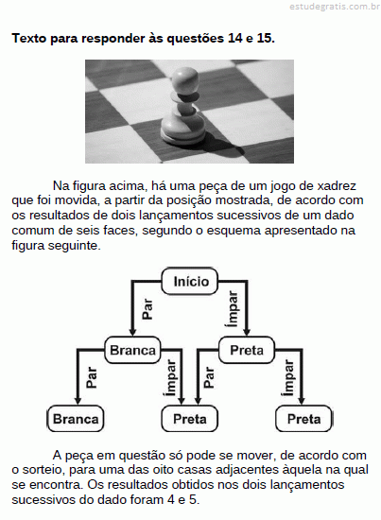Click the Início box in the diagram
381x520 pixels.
190,281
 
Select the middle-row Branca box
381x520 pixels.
132,350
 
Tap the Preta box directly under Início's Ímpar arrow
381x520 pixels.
247,350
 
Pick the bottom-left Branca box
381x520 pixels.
76,419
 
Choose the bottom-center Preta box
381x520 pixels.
190,419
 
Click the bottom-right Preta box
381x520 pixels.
303,419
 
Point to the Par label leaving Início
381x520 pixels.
147,309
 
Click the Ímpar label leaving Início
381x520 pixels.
233,309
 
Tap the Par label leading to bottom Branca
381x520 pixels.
91,377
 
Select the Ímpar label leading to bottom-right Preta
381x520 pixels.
288,378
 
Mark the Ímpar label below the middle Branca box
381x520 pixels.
170,378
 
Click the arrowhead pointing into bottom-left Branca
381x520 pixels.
78,401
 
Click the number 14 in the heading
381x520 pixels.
234,39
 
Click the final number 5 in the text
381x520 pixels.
193,500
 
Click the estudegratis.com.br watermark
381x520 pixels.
335,7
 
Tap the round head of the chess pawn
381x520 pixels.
185,80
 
